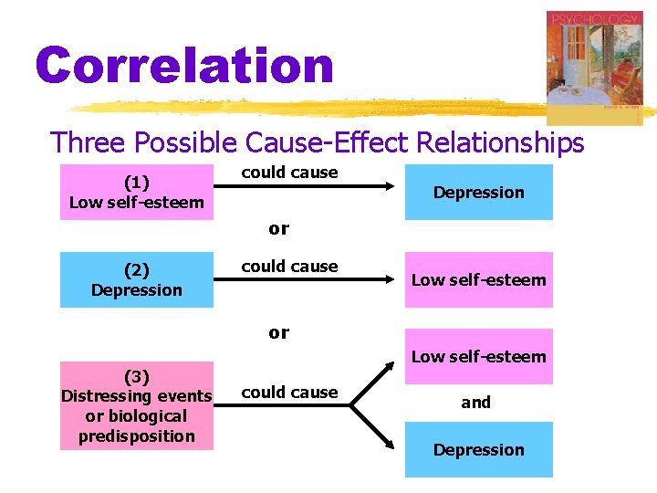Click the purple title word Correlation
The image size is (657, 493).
184,67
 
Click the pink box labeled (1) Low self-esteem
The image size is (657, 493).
137,192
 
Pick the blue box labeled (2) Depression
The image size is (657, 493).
137,279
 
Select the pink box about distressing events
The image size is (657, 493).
137,405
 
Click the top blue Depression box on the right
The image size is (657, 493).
478,192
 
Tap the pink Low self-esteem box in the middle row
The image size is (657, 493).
478,279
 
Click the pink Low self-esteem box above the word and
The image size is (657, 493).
478,356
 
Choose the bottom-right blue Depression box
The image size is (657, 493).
478,449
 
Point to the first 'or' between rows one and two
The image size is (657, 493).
279,228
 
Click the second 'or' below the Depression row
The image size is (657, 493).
279,332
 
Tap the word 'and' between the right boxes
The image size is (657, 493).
475,402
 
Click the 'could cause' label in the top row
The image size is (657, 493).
289,173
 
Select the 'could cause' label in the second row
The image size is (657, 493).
289,267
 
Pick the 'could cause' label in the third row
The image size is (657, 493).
289,392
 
